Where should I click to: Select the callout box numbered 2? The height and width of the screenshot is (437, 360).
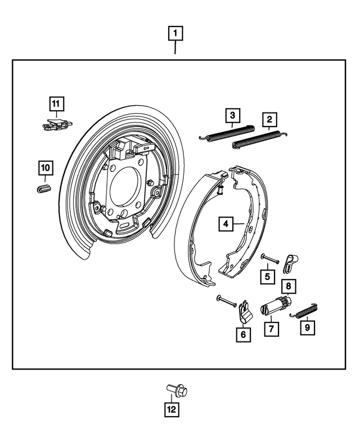pyautogui.click(x=269, y=119)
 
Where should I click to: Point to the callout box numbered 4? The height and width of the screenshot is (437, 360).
pyautogui.click(x=226, y=224)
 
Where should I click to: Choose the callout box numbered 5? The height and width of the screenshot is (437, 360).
pyautogui.click(x=268, y=276)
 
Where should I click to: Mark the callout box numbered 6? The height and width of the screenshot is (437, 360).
pyautogui.click(x=243, y=334)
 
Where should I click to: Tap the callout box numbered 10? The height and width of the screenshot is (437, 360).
pyautogui.click(x=45, y=168)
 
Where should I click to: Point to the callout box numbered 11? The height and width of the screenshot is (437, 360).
pyautogui.click(x=56, y=104)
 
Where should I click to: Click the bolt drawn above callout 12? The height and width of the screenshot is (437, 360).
pyautogui.click(x=177, y=389)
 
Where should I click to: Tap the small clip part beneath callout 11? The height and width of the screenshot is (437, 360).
pyautogui.click(x=57, y=124)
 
